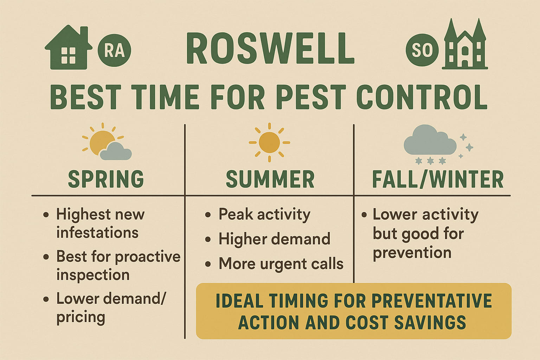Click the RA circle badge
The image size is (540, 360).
coord(114,51)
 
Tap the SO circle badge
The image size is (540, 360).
coord(422,50)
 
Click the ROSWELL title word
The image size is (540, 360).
coord(270,49)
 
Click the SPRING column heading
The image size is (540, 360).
coord(106,179)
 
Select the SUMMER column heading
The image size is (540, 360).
coord(270,179)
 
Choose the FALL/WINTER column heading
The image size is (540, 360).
coord(438,179)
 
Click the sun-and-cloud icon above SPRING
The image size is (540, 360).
coord(107,142)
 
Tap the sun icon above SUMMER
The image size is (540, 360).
coord(269,142)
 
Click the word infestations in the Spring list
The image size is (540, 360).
coord(97,233)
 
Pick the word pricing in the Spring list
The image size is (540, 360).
coord(81,317)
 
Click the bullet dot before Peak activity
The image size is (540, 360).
coord(208,214)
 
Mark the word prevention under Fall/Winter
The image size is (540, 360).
coord(412,253)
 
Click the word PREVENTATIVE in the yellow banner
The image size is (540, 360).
coord(432,301)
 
